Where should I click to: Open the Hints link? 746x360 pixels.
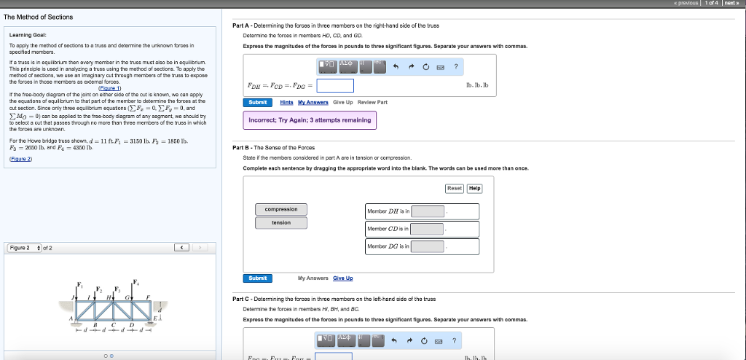287,102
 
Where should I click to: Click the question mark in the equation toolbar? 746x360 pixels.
455,67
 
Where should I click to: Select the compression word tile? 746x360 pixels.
281,209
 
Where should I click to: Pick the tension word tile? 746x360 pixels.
281,222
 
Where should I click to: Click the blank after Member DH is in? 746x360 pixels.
428,211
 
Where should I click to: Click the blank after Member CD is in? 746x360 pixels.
428,229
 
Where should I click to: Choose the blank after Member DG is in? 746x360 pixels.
428,246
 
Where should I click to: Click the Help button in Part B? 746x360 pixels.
475,188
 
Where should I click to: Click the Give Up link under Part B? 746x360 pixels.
343,278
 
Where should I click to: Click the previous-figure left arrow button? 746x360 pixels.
182,248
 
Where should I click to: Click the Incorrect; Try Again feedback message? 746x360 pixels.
310,120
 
